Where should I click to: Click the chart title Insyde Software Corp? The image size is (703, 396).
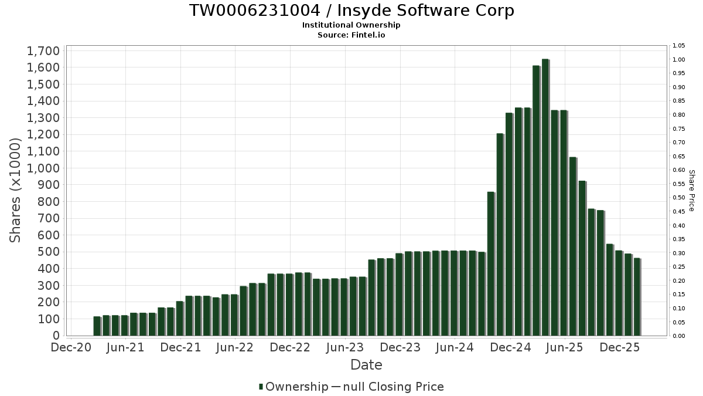point(351,11)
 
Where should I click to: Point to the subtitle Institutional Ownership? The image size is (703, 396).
point(351,25)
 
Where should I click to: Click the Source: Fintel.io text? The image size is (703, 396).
point(351,35)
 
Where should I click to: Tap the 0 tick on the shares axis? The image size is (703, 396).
point(56,336)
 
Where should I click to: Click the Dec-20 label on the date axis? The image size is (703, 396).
point(71,348)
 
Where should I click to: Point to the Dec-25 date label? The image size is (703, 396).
point(620,348)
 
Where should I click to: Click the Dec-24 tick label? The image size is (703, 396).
point(510,348)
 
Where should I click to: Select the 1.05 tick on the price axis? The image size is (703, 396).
point(679,46)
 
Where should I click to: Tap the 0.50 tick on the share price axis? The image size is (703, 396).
point(679,198)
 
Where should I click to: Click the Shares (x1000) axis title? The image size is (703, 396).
point(16,190)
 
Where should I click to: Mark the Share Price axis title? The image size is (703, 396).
point(691,190)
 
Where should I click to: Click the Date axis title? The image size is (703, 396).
point(366,365)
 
